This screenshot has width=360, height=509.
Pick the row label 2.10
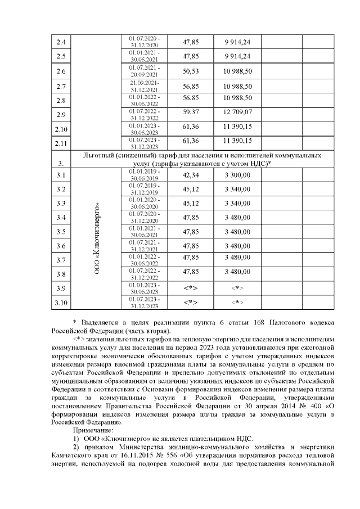click(x=61, y=129)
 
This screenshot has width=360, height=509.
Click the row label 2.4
click(x=61, y=42)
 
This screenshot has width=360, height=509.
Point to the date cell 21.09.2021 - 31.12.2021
click(x=145, y=86)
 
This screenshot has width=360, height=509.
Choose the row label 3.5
click(x=61, y=232)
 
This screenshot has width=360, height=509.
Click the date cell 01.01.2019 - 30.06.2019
click(x=145, y=174)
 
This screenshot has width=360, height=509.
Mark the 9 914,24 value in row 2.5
click(x=237, y=56)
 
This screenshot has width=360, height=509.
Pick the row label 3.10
click(x=61, y=304)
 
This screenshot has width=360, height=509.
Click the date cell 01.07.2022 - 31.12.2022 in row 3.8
click(x=145, y=274)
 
